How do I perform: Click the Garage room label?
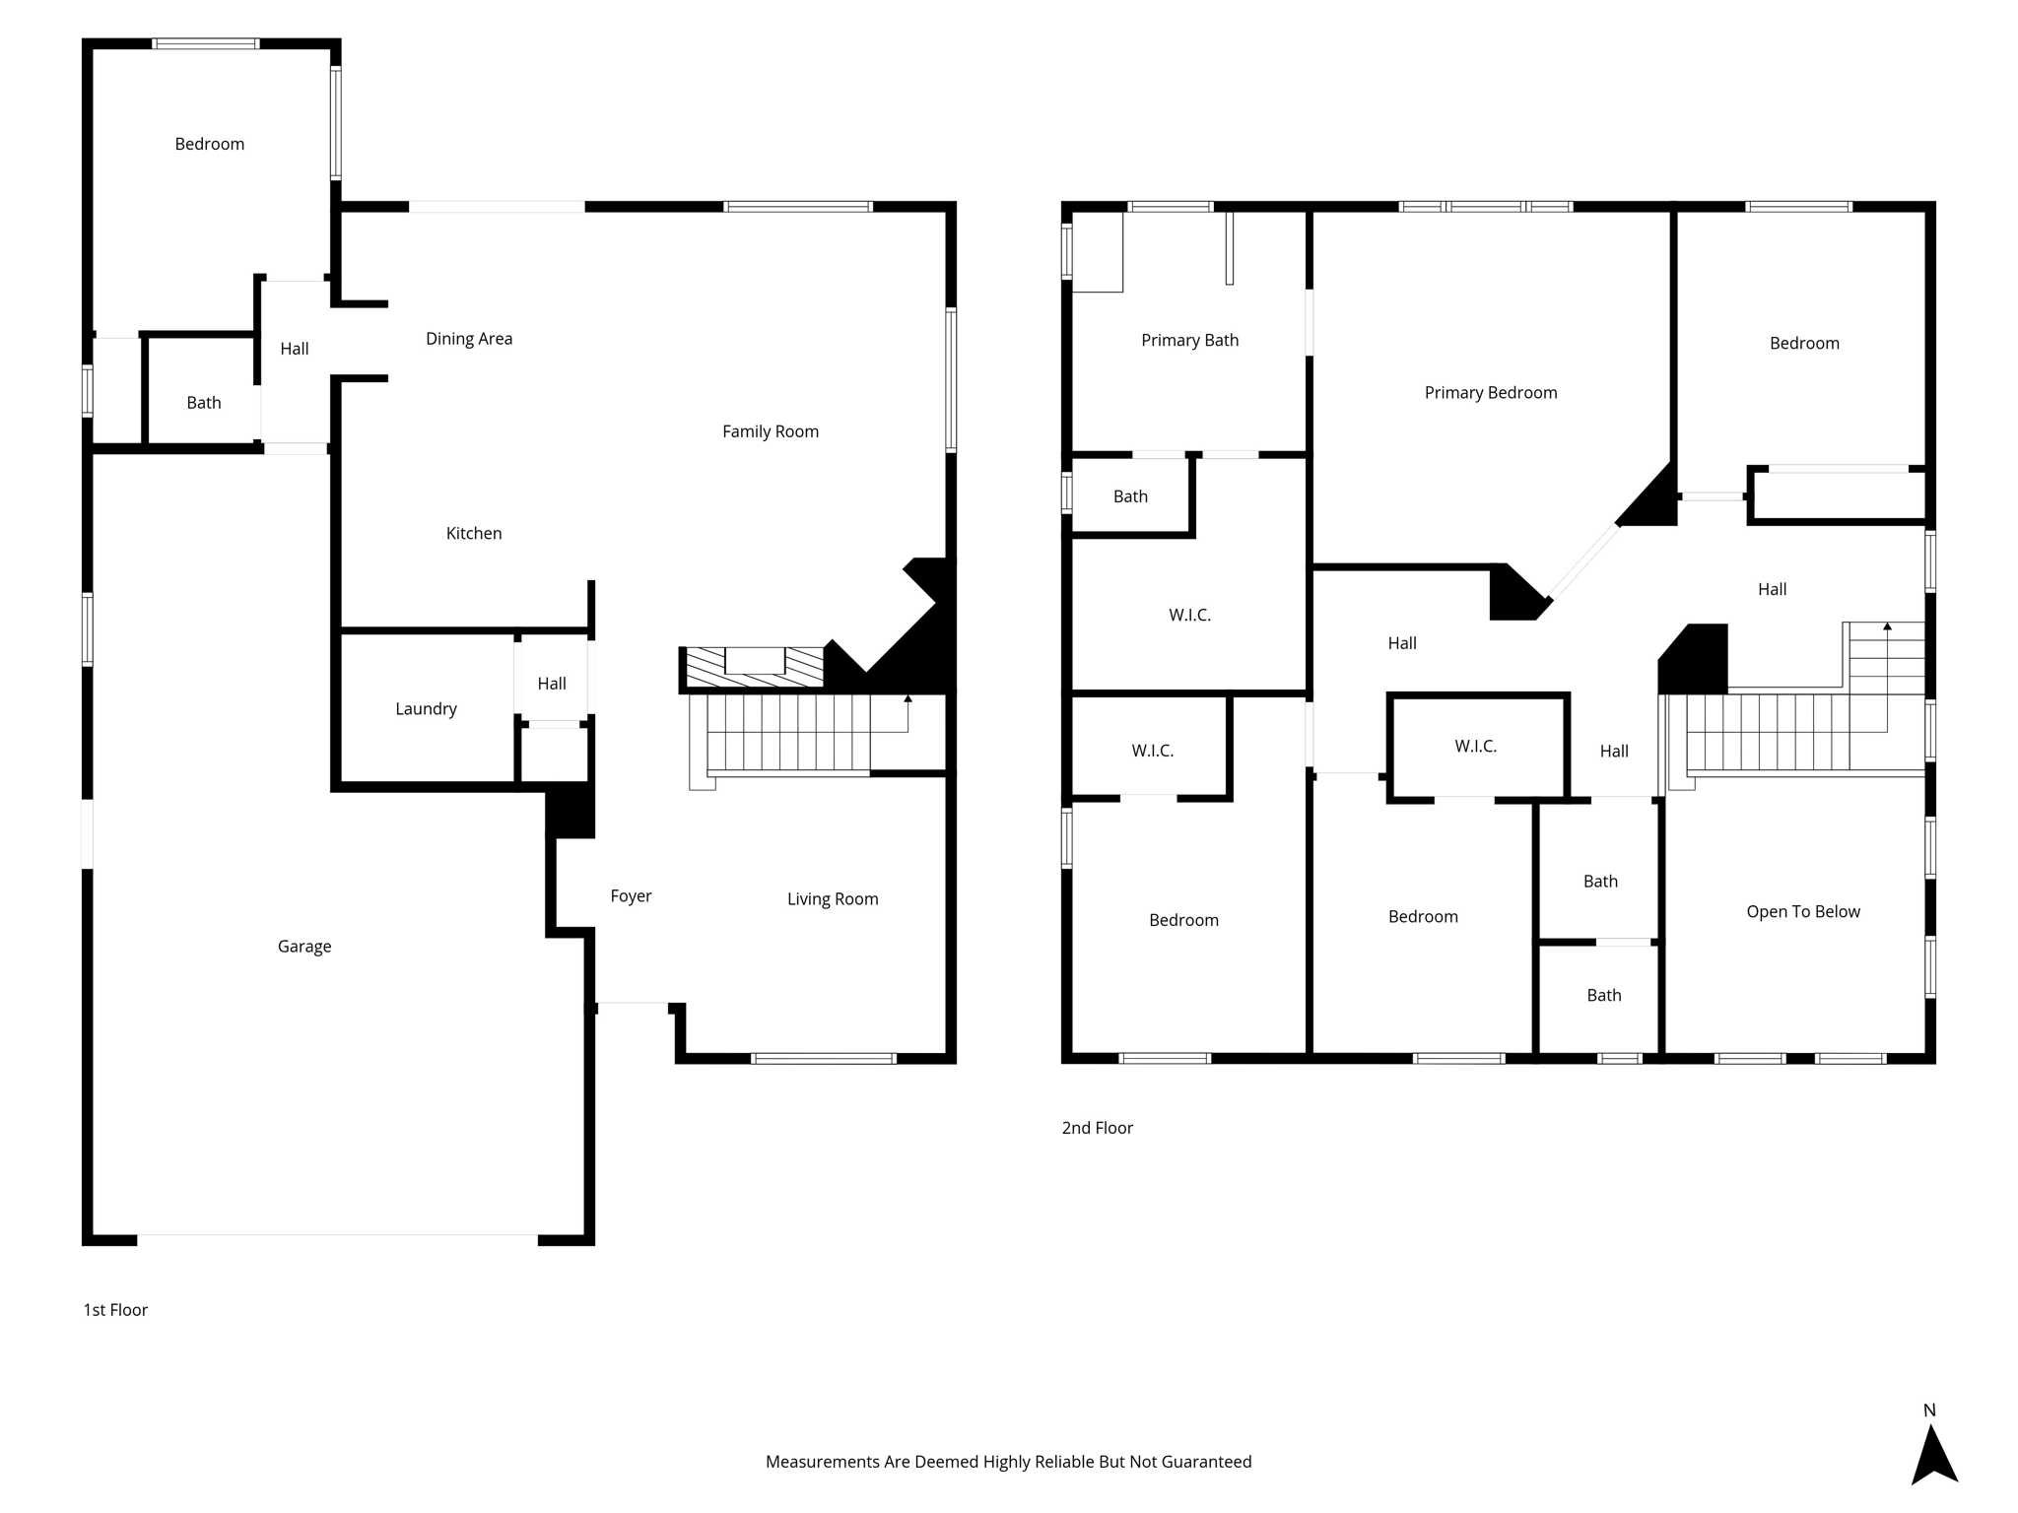point(304,947)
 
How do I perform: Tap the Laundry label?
point(426,709)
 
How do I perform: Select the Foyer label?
point(631,896)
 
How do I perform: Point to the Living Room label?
point(833,899)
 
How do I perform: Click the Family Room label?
point(771,431)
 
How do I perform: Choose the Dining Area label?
point(469,339)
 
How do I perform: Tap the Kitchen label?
point(474,534)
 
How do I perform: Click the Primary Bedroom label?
point(1491,393)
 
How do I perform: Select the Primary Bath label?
point(1189,341)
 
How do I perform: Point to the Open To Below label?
point(1803,912)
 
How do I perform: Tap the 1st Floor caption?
point(115,1310)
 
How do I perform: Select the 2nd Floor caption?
point(1097,1128)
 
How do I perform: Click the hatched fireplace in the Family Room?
point(755,667)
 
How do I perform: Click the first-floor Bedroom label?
point(210,145)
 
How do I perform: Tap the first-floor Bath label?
point(204,403)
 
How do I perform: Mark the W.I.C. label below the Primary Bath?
point(1189,616)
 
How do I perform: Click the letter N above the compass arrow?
point(1929,1411)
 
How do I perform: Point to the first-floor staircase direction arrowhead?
point(908,698)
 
